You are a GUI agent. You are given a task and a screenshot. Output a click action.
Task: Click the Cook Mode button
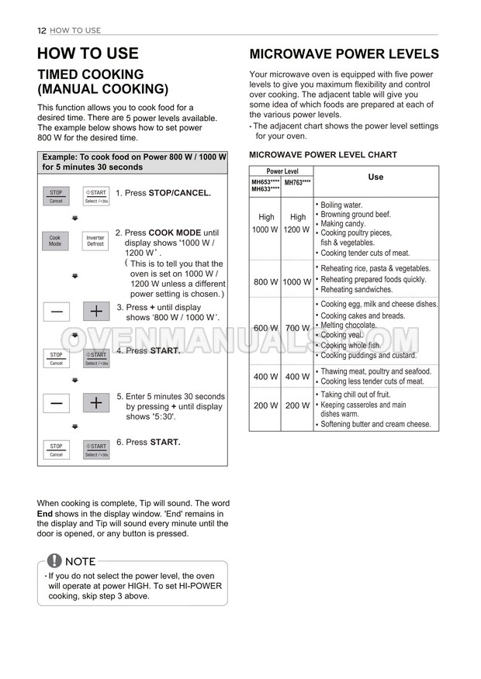click(x=55, y=241)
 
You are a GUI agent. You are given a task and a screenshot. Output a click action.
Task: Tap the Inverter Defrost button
click(x=95, y=241)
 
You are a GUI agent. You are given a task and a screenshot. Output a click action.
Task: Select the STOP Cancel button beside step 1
click(x=56, y=196)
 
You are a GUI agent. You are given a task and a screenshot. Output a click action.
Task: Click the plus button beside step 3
click(x=95, y=312)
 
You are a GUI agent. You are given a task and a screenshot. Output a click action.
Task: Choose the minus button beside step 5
click(x=56, y=403)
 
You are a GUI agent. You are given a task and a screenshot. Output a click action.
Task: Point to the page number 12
click(x=42, y=30)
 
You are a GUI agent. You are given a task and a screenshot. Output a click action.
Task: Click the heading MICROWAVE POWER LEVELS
click(x=344, y=54)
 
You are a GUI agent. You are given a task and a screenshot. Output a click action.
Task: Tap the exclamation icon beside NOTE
click(x=54, y=561)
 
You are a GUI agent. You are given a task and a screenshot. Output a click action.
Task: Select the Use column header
click(x=375, y=177)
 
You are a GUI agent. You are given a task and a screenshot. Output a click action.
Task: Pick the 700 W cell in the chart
click(x=297, y=329)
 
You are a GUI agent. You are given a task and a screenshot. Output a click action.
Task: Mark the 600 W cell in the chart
click(x=265, y=329)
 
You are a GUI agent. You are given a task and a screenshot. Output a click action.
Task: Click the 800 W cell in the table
click(x=265, y=282)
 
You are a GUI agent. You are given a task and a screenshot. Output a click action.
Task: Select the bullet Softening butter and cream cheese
click(x=375, y=425)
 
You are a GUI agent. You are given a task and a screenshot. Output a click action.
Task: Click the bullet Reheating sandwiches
click(x=356, y=289)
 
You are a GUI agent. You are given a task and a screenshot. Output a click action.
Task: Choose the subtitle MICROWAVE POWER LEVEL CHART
click(x=323, y=155)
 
